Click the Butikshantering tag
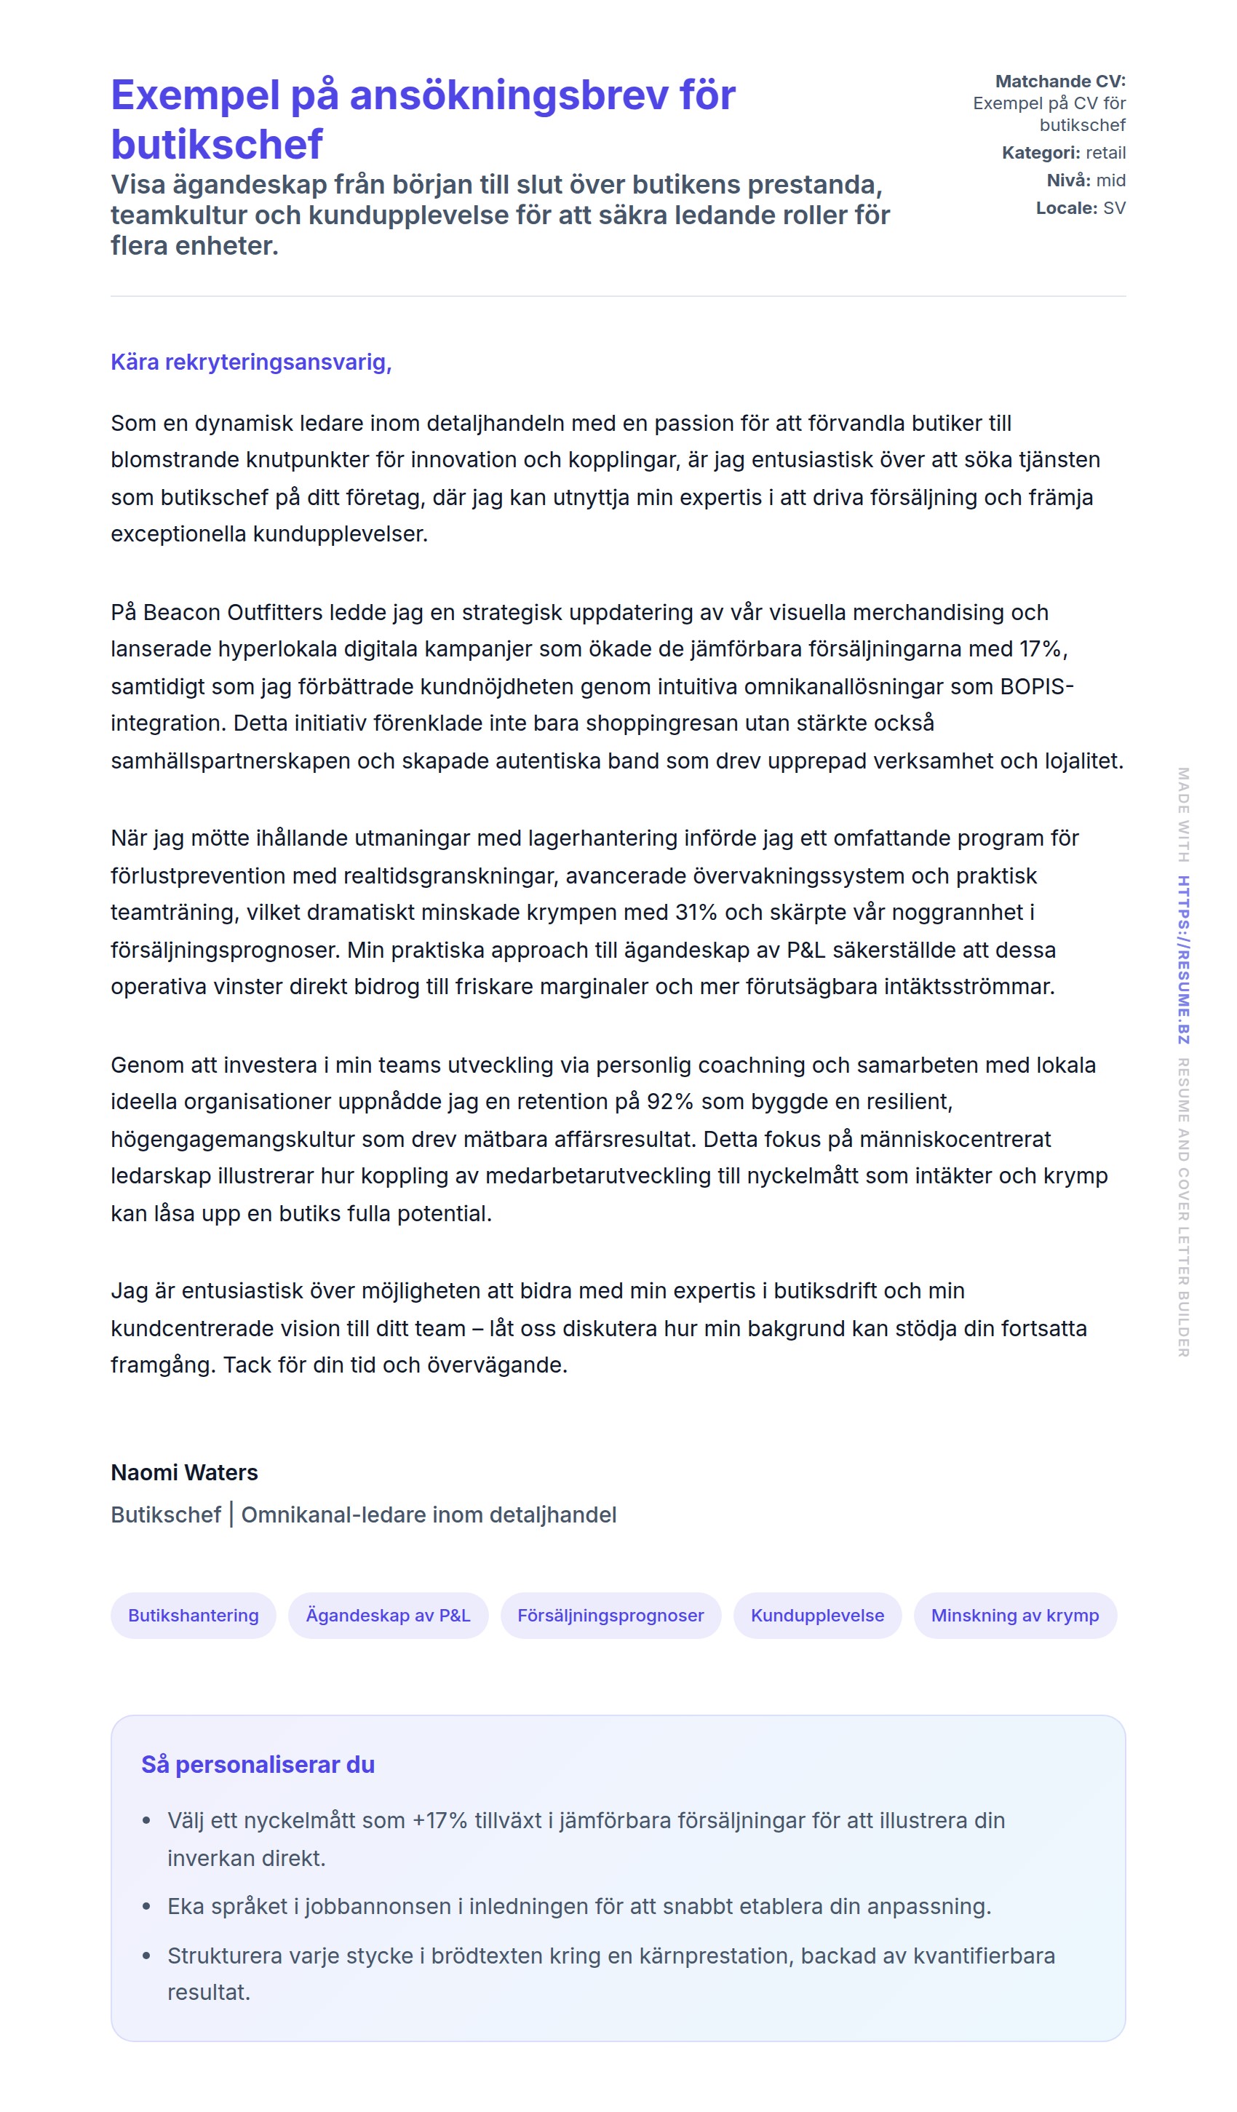193,1615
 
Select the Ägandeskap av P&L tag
388,1615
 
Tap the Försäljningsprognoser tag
610,1615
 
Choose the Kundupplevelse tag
817,1615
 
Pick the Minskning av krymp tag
1014,1615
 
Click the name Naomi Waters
184,1472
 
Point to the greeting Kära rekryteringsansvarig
250,362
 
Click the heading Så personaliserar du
258,1764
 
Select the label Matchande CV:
1059,82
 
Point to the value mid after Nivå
1110,180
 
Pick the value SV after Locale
1114,208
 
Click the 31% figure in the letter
696,912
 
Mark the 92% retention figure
669,1101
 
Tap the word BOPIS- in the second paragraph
1036,686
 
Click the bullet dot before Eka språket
147,1907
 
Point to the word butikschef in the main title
216,144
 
